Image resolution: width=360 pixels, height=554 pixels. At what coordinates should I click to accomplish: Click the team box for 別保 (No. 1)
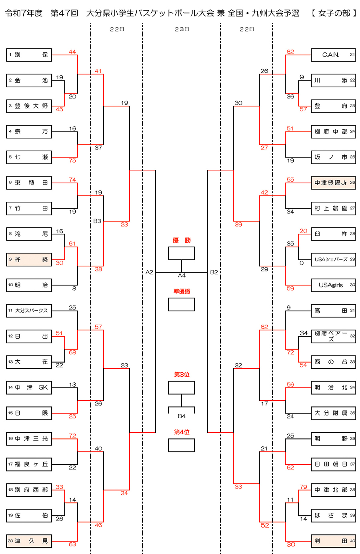click(29, 55)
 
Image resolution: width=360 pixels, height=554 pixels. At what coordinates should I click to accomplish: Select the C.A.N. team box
click(333, 55)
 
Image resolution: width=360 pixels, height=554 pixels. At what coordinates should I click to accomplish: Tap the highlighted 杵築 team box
click(29, 259)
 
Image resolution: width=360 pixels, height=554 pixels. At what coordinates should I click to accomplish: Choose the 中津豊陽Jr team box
click(333, 183)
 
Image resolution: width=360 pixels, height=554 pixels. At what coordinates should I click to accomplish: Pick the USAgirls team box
click(333, 285)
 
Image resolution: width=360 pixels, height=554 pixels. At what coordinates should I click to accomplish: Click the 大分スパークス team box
click(29, 311)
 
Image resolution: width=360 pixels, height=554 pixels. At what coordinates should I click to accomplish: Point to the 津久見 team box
click(29, 541)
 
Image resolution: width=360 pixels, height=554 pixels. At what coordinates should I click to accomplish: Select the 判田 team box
click(333, 541)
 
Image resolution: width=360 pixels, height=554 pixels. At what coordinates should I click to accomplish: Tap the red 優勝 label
click(182, 240)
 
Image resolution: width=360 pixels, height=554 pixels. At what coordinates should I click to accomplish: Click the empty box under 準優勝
click(182, 304)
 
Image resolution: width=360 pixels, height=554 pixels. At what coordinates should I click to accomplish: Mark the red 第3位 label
click(182, 375)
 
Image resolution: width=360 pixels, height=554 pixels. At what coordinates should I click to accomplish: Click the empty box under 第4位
click(182, 445)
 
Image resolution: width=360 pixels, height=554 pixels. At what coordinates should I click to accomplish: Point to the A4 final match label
click(182, 275)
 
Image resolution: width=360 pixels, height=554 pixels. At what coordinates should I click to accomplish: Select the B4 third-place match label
click(182, 416)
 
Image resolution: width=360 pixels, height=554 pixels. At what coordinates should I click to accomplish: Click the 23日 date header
click(182, 29)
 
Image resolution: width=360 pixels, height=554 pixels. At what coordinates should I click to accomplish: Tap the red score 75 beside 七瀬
click(72, 161)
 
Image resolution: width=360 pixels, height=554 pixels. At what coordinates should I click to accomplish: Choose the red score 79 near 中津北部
click(303, 487)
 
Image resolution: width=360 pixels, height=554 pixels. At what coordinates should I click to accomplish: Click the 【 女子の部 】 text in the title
click(334, 13)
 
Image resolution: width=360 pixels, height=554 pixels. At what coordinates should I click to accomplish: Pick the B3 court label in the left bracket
click(97, 221)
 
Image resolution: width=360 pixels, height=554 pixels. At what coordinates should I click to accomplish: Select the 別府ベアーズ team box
click(333, 336)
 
